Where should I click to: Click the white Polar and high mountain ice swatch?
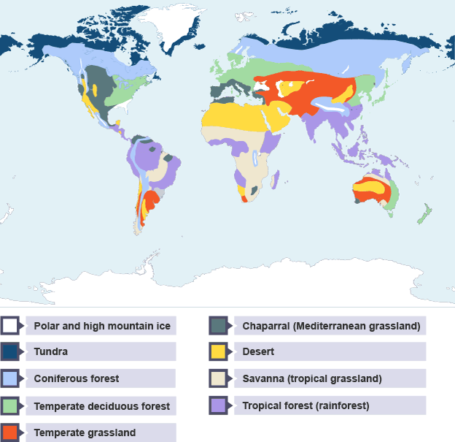[9, 325]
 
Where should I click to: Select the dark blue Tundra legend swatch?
[9, 351]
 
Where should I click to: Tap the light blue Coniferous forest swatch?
[9, 378]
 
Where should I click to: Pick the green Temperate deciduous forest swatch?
[9, 405]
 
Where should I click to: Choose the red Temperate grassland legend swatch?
[9, 432]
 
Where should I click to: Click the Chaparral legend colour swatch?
[218, 325]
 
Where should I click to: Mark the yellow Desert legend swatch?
[218, 351]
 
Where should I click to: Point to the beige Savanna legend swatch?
[218, 378]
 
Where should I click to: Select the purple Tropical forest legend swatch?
[218, 405]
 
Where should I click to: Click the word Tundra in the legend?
[51, 352]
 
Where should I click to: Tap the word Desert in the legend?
[258, 352]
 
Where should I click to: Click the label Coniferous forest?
[77, 379]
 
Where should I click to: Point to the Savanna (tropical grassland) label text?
[311, 379]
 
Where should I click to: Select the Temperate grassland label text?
[85, 433]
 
